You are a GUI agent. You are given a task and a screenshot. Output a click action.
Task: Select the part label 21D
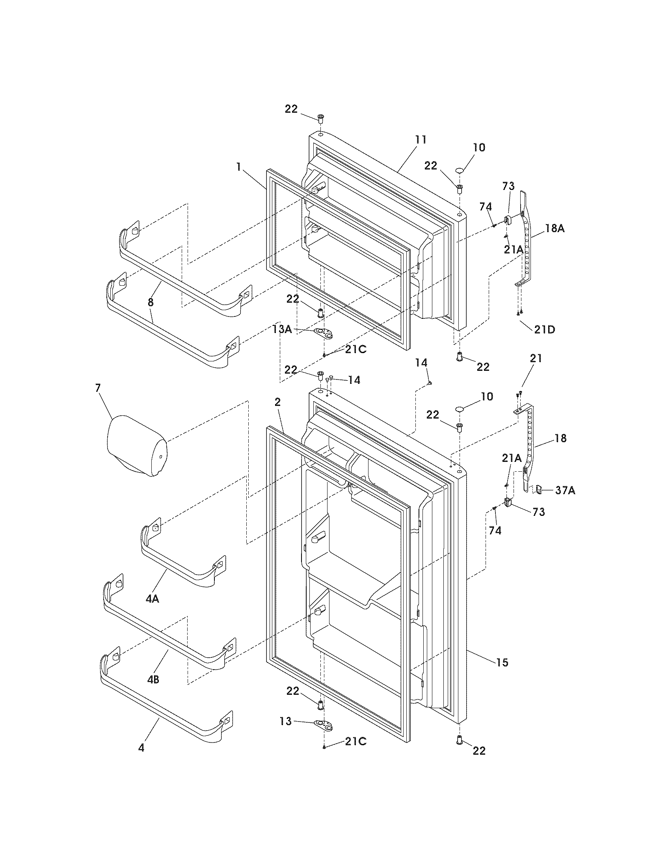tap(544, 329)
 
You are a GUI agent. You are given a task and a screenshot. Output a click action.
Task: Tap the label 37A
tap(565, 491)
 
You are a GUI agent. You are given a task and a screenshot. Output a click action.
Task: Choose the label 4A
tap(152, 599)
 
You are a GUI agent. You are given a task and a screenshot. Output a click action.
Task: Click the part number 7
tap(98, 388)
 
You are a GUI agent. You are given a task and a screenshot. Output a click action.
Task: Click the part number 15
tap(502, 662)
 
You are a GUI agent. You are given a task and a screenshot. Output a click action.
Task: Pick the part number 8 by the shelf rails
tap(151, 302)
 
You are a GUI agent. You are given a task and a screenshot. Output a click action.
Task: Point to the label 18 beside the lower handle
tap(560, 438)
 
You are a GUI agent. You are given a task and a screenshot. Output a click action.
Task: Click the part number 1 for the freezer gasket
tap(238, 167)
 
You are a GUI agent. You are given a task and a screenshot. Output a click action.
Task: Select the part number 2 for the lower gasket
tap(277, 402)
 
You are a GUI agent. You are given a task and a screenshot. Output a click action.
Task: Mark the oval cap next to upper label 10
tap(460, 170)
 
